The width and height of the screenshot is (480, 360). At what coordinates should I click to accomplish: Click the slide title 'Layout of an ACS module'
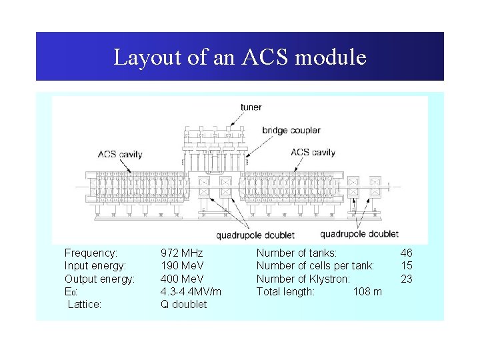pos(240,57)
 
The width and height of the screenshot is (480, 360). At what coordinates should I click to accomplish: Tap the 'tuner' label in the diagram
pos(251,107)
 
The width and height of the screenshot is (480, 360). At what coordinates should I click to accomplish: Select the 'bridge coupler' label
pos(291,130)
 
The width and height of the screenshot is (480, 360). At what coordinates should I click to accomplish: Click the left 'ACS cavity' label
pos(120,155)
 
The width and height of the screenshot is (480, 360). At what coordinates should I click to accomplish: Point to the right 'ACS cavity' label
pos(313,152)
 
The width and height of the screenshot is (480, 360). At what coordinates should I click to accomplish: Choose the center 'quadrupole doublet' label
pos(255,235)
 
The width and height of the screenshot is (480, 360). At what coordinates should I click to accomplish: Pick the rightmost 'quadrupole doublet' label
pos(359,233)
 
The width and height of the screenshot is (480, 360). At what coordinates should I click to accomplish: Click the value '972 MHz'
pos(181,253)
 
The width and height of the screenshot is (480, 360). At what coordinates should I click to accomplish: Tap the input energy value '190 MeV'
pos(182,266)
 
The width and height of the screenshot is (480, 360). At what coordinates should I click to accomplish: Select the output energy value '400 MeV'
pos(182,279)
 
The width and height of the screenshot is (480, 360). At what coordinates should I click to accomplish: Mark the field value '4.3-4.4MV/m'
pos(191,291)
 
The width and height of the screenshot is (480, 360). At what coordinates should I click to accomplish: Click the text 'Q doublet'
pos(183,304)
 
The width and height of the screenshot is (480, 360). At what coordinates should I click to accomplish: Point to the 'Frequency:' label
pos(91,253)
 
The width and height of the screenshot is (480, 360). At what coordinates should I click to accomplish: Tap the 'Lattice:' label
pos(85,304)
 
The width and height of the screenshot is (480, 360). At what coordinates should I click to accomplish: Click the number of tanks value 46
pos(406,253)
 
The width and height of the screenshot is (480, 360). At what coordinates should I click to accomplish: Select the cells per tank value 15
pos(406,266)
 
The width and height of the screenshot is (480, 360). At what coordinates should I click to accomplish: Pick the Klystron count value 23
pos(406,279)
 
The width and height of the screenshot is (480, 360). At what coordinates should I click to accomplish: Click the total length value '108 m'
pos(367,291)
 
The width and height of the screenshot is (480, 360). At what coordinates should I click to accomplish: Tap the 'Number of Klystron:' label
pos(303,279)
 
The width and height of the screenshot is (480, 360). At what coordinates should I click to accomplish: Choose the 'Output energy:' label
pos(99,279)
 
